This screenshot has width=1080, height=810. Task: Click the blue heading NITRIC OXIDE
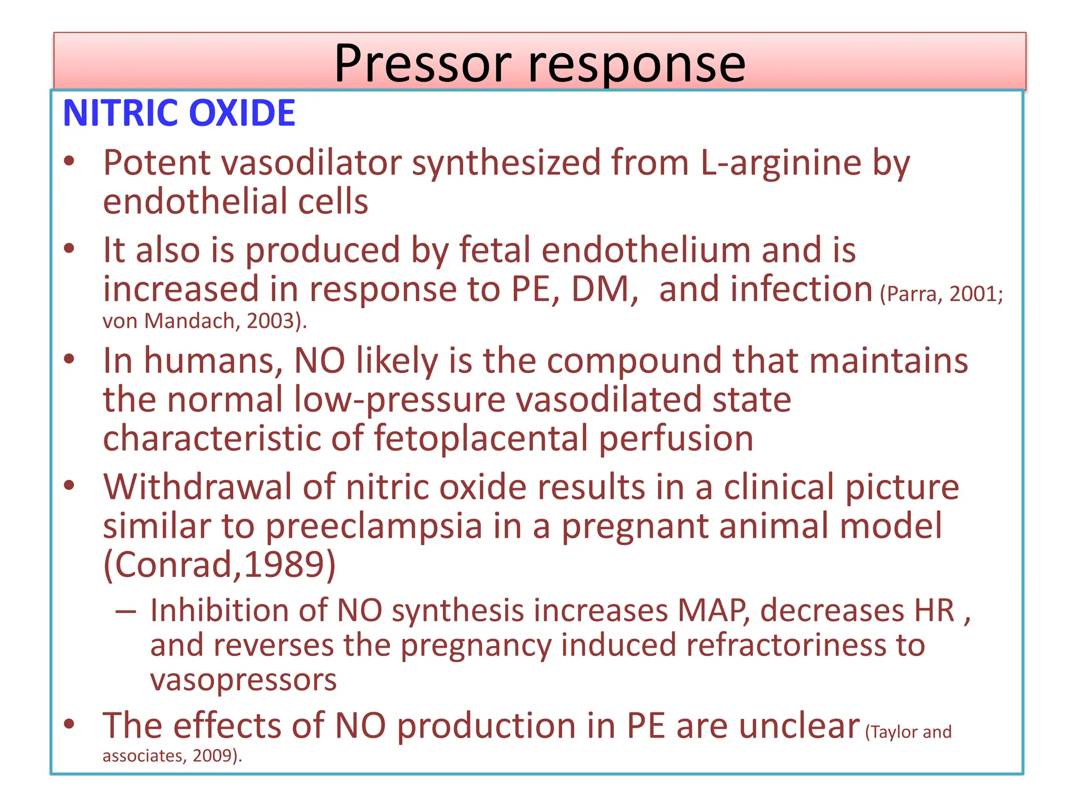[x=179, y=113]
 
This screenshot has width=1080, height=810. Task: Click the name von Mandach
[x=169, y=321]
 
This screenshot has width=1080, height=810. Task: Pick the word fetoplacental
[x=480, y=439]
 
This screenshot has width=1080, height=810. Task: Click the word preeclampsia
[x=374, y=526]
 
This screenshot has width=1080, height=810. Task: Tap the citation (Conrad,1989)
[x=219, y=565]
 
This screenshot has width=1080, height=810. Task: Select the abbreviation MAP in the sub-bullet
[x=712, y=611]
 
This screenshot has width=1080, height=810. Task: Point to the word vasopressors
[x=243, y=680]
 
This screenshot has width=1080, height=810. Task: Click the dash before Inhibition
[x=126, y=611]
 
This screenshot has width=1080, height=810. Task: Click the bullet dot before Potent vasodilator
[x=69, y=161]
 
